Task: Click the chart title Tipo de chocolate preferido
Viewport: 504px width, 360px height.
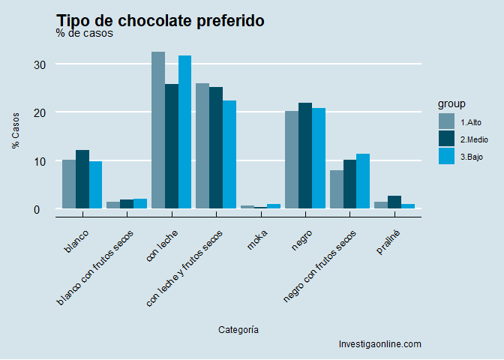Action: [x=160, y=20]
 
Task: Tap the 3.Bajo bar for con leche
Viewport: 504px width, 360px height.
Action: [x=185, y=132]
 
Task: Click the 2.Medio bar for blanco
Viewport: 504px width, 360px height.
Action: [x=82, y=179]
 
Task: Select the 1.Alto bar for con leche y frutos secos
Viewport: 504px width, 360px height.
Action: [x=202, y=145]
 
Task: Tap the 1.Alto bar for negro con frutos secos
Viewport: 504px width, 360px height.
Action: [x=337, y=189]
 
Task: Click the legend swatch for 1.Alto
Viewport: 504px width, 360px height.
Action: [x=447, y=121]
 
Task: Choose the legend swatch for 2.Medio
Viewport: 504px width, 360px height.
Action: [x=447, y=139]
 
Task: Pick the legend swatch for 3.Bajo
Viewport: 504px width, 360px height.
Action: [x=447, y=156]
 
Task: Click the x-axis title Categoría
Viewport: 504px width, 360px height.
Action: [x=238, y=329]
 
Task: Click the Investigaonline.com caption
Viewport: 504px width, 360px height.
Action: [x=380, y=344]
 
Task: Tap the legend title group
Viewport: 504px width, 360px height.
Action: [x=452, y=103]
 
